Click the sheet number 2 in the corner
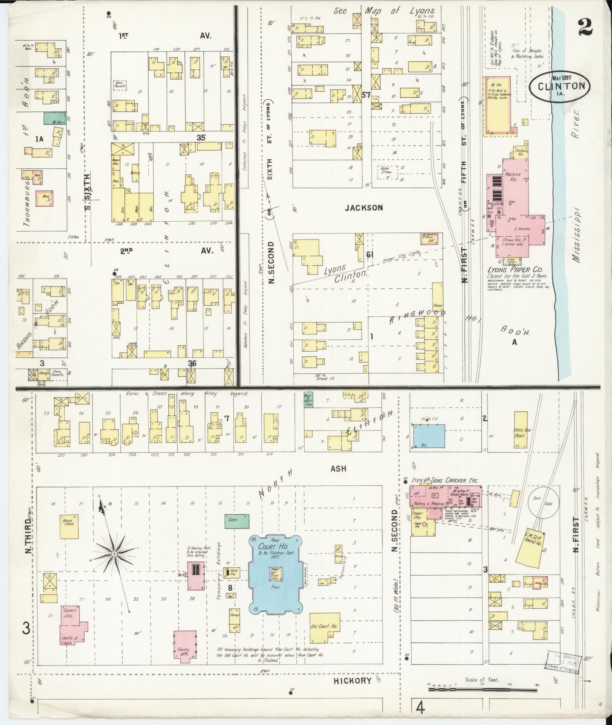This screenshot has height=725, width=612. (x=585, y=27)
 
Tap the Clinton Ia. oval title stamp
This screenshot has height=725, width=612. (x=560, y=86)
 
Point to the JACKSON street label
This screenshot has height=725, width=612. (x=364, y=208)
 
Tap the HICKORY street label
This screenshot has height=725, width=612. (x=352, y=681)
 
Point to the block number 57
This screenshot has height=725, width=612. (x=366, y=96)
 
